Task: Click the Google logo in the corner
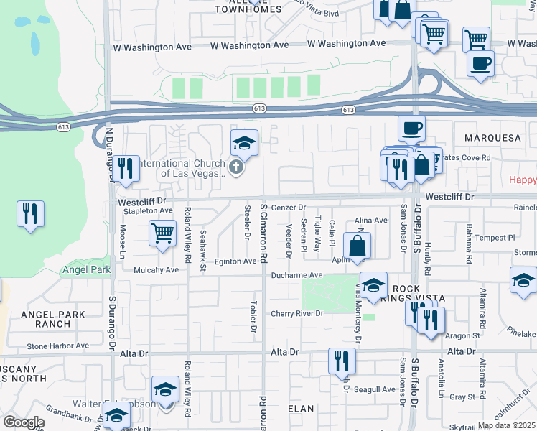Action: tap(24, 422)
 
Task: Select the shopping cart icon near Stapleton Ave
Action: tap(163, 233)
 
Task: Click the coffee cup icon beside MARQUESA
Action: tap(411, 128)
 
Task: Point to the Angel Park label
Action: tap(87, 270)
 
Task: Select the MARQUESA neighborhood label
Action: tap(492, 137)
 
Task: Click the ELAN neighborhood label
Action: tap(301, 409)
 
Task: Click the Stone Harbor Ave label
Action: tap(57, 346)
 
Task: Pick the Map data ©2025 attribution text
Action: tap(507, 425)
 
